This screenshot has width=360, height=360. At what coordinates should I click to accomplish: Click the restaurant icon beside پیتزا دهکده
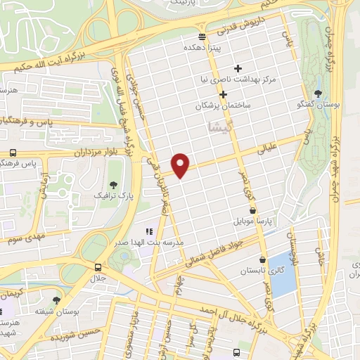click(202, 36)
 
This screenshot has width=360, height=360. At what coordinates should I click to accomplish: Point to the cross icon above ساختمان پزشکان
click(223, 94)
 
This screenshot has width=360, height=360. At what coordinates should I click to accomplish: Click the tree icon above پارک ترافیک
click(114, 183)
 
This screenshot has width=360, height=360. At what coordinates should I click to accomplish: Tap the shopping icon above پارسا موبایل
click(252, 210)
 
